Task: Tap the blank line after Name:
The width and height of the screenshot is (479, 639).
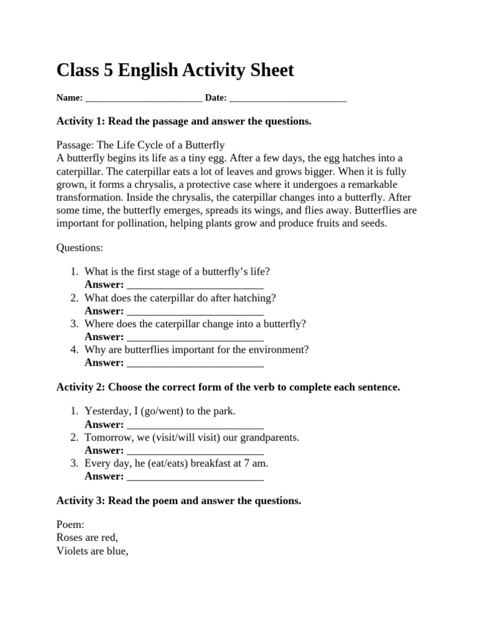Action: coord(143,99)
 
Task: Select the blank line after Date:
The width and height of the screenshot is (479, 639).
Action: coord(288,99)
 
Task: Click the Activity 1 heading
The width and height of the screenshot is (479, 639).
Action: coord(183,121)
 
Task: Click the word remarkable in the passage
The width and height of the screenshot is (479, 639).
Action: coord(367,184)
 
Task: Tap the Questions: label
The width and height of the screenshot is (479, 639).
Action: coord(80,248)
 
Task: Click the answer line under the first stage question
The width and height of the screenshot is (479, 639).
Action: coord(195,285)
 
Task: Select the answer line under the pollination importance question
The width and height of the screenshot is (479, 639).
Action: coord(195,363)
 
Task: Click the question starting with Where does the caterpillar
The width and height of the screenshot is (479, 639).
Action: coord(195,324)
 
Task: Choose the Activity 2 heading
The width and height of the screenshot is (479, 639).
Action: coord(228,387)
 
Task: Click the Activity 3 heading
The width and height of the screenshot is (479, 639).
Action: coord(178,500)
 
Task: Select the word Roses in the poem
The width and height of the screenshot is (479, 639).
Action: coord(69,537)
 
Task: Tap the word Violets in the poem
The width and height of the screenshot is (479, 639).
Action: coord(72,550)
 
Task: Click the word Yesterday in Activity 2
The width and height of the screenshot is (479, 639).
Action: coord(107,411)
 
